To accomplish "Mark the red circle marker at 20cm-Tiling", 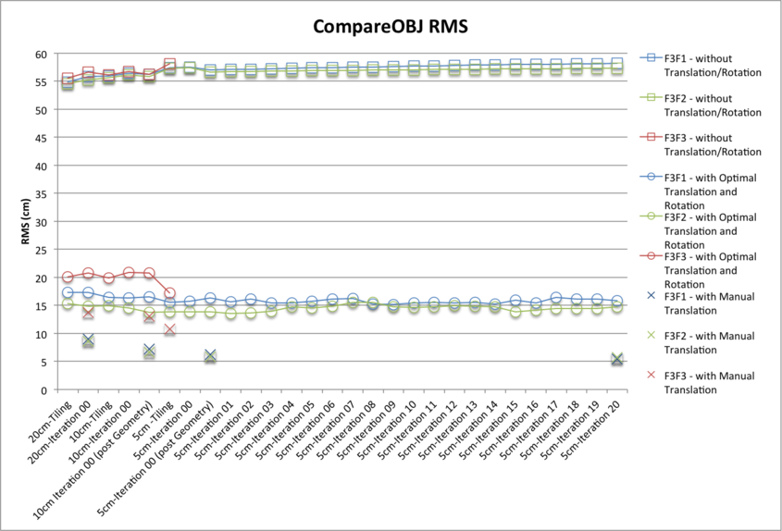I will point(68,278).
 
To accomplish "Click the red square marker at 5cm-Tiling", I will point(169,65).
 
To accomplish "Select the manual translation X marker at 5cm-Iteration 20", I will point(616,359).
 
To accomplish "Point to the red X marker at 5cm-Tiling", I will point(169,329).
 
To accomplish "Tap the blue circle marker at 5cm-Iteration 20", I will point(616,302).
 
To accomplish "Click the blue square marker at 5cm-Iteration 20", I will point(616,64).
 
